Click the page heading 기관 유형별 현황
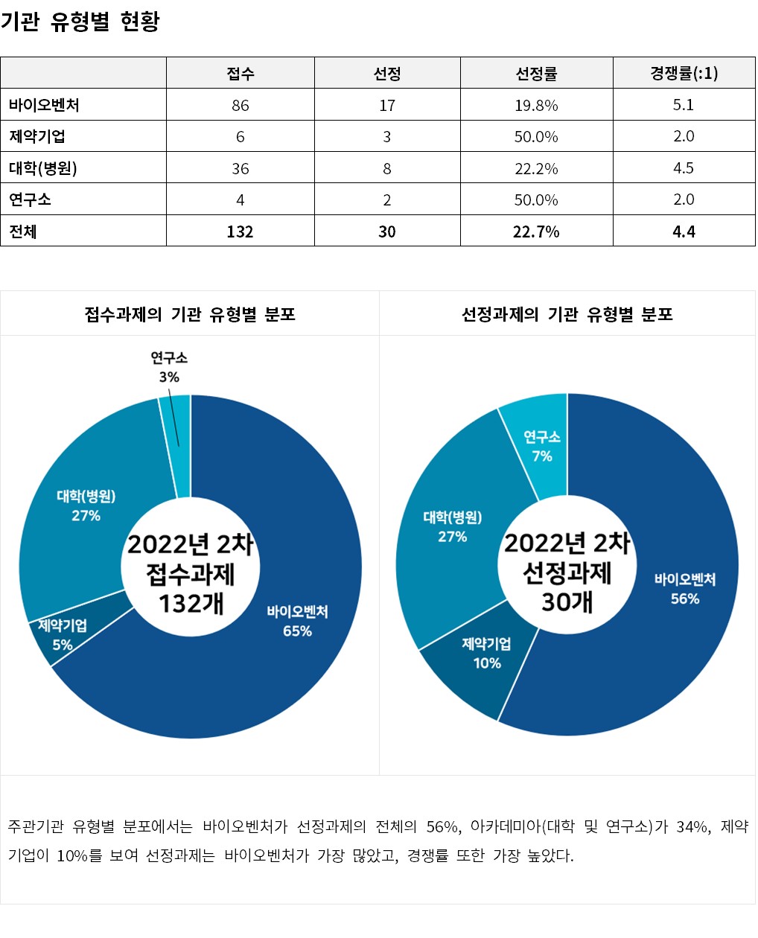(80, 22)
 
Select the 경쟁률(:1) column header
(684, 73)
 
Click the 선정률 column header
(536, 73)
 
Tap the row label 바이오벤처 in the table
(45, 105)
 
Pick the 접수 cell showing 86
(240, 105)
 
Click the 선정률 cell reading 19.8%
(536, 105)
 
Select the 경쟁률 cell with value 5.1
(684, 105)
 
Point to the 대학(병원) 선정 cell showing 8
(387, 168)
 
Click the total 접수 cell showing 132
(240, 232)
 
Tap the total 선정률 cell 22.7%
(536, 232)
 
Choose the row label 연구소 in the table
(31, 200)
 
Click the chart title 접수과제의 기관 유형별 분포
(190, 314)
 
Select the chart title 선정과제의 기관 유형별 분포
(567, 314)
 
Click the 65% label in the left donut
(297, 631)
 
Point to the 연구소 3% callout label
(169, 368)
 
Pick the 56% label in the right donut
(685, 599)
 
